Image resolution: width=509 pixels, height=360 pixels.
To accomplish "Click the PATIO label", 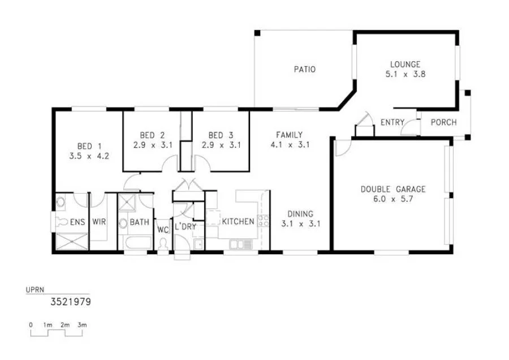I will [304, 70].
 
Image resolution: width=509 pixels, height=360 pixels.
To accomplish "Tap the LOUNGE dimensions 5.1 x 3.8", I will [405, 74].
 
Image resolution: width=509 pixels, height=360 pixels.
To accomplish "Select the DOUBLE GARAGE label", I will [392, 190].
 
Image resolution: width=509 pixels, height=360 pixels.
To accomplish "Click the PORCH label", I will [444, 122].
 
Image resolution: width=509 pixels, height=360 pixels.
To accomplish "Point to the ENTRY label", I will [392, 122].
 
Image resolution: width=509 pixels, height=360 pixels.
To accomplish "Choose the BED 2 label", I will [152, 135].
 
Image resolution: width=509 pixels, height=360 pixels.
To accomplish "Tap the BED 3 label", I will [221, 135].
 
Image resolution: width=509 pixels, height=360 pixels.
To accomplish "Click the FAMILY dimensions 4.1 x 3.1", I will [292, 144].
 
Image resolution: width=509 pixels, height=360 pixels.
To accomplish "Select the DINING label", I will [300, 214].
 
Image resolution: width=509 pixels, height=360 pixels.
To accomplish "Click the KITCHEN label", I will [238, 221].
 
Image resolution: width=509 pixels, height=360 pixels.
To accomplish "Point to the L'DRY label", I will [185, 226].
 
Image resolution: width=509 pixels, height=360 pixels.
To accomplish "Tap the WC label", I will [163, 230].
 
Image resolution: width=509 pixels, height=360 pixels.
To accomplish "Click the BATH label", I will [139, 222].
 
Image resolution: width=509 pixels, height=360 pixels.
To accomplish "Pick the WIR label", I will [99, 222].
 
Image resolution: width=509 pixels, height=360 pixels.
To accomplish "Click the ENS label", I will [77, 222].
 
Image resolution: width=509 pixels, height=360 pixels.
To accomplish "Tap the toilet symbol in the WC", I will [163, 245].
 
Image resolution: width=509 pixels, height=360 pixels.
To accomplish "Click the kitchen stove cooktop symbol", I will [262, 221].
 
